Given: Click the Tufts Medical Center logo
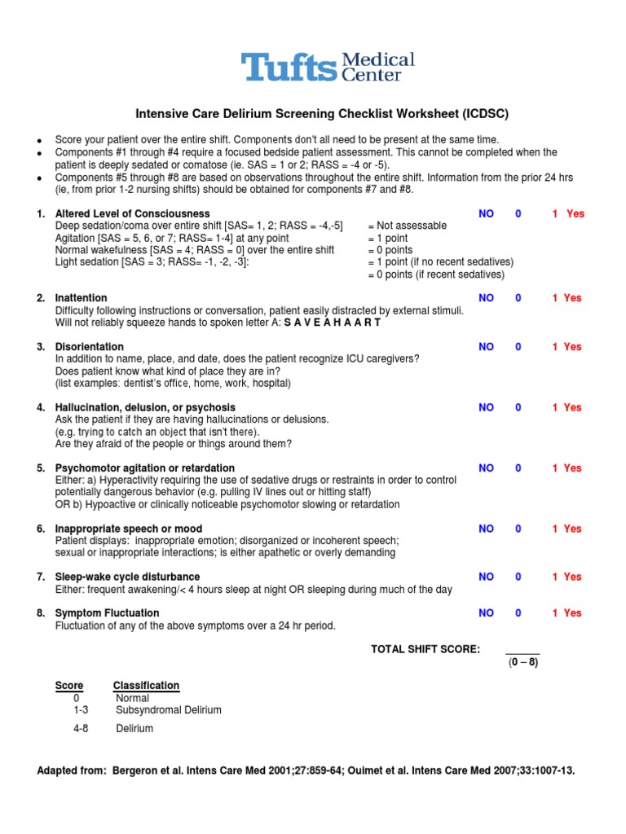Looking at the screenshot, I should [327, 67].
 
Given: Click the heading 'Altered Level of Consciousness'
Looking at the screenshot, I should [132, 213].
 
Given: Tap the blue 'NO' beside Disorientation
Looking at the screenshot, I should [487, 346].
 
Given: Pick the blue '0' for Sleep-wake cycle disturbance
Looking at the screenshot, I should [518, 577].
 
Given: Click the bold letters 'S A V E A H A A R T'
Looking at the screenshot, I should [332, 323].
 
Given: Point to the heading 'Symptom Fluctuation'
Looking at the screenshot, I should [107, 612].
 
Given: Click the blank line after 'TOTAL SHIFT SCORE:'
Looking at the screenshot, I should [522, 650].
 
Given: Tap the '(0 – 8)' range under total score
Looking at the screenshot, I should [522, 662].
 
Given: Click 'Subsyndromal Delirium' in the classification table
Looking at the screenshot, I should [169, 710].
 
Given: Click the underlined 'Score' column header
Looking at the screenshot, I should [68, 686].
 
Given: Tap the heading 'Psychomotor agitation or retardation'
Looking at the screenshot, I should [145, 468].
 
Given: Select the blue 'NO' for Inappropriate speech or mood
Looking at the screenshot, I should [487, 529].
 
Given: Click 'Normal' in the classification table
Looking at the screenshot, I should [133, 698].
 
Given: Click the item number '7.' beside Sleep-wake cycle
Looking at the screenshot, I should [41, 577].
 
